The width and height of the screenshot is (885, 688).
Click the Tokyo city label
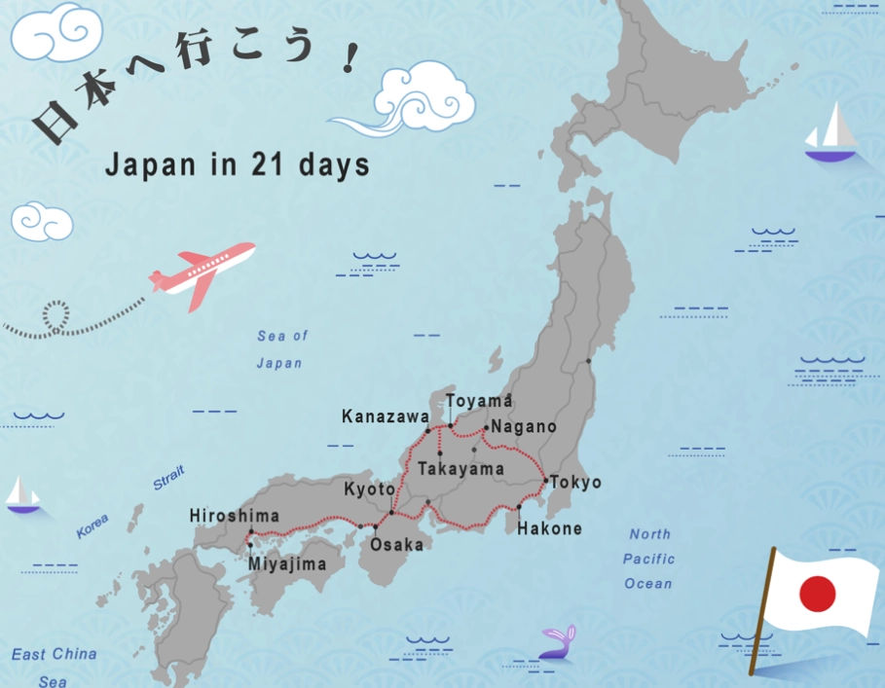point(575,483)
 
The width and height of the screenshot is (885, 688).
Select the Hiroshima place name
point(234,516)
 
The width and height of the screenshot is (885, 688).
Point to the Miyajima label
point(287,563)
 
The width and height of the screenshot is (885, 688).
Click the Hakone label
point(549,529)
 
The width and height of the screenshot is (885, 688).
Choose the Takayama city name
point(461,469)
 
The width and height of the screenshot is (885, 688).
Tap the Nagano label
point(524,426)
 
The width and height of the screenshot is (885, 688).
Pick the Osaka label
point(396,544)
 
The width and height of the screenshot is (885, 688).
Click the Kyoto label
point(369,489)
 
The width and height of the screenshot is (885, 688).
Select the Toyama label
point(479,401)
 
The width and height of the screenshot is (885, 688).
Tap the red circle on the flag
point(817,593)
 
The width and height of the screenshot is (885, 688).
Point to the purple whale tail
point(558,643)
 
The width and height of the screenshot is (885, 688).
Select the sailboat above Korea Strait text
point(22,495)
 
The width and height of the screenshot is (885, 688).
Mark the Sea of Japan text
point(281,349)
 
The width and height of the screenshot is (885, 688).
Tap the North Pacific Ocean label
point(649,559)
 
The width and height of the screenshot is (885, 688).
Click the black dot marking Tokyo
point(544,480)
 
